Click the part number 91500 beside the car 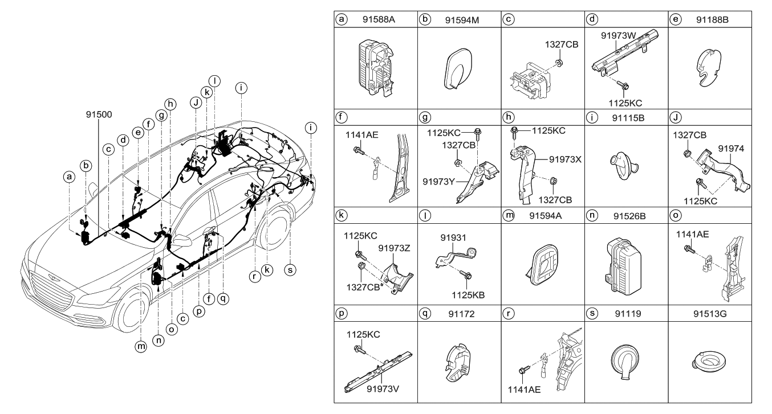[x=92, y=113]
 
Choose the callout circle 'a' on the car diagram [x=69, y=177]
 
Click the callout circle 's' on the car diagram [x=290, y=270]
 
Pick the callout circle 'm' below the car [x=141, y=346]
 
